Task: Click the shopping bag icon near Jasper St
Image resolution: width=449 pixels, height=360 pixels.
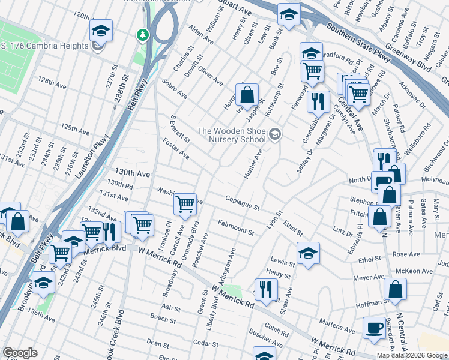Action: point(247,95)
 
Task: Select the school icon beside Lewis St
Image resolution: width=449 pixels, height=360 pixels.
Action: point(308,253)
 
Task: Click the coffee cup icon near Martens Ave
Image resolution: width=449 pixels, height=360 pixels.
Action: point(375,328)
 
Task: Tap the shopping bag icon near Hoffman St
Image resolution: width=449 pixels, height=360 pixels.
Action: point(396,289)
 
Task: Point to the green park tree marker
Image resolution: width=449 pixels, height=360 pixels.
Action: point(143,34)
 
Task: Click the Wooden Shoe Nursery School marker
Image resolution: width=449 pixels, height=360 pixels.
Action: point(275,134)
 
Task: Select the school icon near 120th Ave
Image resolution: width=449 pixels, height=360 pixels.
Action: point(101,30)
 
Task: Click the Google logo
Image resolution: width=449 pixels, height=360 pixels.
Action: point(20,353)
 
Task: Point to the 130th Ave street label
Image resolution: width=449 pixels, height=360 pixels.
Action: point(133,173)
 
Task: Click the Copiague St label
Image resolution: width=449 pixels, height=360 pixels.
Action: point(242,203)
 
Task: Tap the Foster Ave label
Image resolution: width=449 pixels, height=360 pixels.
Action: point(176,149)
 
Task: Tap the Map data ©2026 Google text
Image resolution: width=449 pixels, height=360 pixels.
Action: point(412,355)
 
